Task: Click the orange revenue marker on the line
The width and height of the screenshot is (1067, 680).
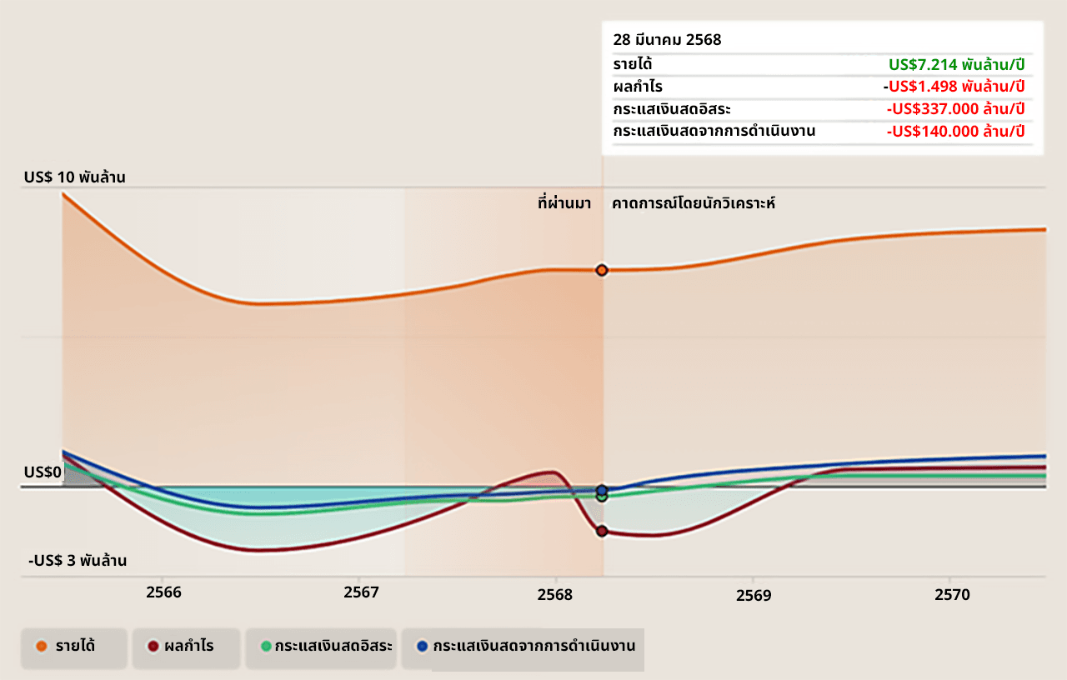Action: click(602, 270)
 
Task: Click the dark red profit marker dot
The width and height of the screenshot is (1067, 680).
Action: click(602, 531)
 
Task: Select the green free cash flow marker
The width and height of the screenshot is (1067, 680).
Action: click(602, 497)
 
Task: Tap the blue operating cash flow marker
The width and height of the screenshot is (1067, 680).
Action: click(602, 490)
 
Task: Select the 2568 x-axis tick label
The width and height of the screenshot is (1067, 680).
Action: click(555, 594)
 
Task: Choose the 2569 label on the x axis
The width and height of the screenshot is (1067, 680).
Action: click(754, 595)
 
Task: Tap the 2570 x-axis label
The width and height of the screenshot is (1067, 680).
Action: click(952, 594)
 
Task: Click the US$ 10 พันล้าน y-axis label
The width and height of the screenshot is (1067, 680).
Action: click(74, 177)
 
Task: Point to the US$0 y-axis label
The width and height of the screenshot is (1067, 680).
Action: click(43, 472)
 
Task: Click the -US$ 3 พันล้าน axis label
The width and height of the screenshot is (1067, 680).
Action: click(78, 561)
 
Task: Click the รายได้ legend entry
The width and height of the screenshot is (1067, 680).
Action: click(74, 646)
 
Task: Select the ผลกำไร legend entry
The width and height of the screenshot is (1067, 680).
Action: click(188, 646)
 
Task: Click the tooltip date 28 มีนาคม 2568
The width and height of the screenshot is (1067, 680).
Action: click(667, 40)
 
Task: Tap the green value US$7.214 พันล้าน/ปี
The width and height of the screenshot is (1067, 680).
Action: click(956, 64)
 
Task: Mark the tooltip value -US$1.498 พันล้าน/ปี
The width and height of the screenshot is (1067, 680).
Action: click(954, 86)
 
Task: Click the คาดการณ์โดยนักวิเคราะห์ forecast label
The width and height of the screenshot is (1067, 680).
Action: click(694, 202)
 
